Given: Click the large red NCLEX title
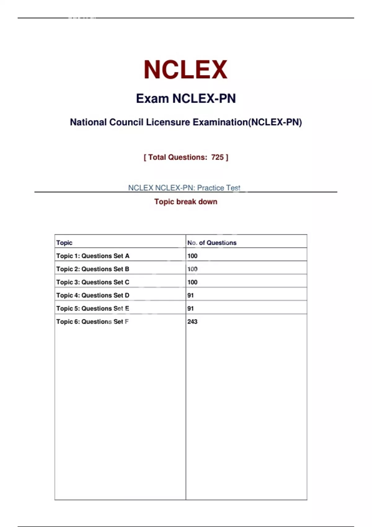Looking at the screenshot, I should tap(185, 69).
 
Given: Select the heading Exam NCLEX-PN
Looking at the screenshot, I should tap(186, 99).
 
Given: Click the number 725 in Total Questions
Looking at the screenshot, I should tap(217, 157).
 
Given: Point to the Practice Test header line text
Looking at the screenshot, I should tap(184, 188).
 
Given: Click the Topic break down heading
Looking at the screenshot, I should tap(186, 201).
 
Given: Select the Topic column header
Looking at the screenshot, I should tap(64, 243).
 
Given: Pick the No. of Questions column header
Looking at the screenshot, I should tap(212, 243).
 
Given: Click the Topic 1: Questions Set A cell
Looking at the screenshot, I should tap(93, 256).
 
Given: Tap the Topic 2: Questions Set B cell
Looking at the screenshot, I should tap(93, 269).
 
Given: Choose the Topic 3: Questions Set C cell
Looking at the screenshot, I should tap(93, 282).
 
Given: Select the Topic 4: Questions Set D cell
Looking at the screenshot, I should tap(93, 295).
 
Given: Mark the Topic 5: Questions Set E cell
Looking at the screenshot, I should tap(93, 308).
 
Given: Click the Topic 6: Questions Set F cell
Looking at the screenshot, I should tap(92, 321).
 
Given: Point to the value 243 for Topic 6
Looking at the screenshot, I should tap(192, 321).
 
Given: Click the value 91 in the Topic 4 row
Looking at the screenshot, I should tap(190, 295).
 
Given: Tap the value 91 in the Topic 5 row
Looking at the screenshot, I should tap(190, 308).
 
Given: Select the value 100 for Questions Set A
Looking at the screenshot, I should tap(192, 256).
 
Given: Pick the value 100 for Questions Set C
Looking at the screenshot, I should tap(192, 282).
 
